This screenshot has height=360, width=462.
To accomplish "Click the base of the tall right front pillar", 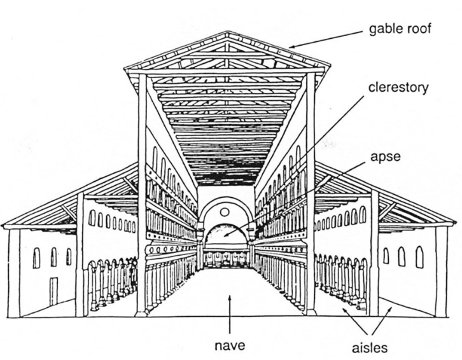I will pyautogui.click(x=311, y=312).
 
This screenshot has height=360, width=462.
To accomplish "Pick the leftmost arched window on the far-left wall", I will pyautogui.click(x=36, y=256).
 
